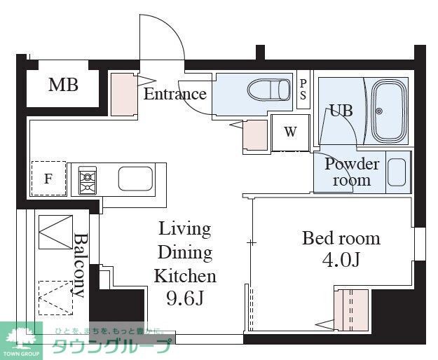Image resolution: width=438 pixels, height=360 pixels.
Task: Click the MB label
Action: click(x=63, y=85)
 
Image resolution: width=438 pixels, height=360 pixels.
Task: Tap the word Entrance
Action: click(x=175, y=94)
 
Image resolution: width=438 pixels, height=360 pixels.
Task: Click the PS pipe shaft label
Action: click(x=303, y=90)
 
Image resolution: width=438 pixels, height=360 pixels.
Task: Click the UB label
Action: click(x=341, y=110)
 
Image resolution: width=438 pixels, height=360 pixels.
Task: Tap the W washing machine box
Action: click(x=291, y=133)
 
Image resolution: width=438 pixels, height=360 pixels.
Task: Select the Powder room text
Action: click(x=352, y=172)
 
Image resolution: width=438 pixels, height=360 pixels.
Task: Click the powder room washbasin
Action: click(x=397, y=172)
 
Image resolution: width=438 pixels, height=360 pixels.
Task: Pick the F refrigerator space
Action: click(x=48, y=179)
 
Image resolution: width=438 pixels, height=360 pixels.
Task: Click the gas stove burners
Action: click(x=88, y=180)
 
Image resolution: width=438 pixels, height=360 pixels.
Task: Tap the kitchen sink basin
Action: click(x=135, y=179)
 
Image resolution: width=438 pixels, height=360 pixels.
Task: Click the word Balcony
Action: click(x=80, y=265)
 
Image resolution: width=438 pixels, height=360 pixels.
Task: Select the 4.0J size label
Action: click(x=341, y=260)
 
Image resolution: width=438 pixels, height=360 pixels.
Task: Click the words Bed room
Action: click(x=341, y=239)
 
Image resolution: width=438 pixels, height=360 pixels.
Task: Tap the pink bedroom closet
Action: click(x=351, y=310)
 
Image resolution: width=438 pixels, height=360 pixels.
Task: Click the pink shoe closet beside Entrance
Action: click(x=124, y=94)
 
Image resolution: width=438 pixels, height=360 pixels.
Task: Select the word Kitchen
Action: click(x=185, y=276)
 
